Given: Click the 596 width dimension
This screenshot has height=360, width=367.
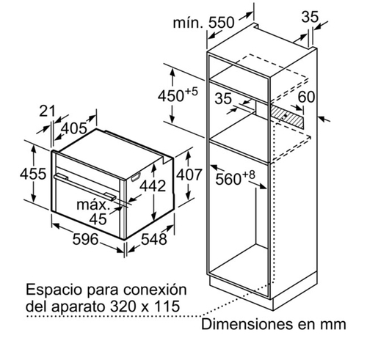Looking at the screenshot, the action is [85, 239].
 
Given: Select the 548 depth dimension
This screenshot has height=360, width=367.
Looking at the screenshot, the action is [154, 239].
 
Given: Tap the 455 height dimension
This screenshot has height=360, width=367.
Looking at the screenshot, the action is [33, 174].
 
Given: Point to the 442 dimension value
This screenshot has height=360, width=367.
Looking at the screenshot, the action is [153, 185].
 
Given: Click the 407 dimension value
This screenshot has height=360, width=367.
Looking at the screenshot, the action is [189, 175].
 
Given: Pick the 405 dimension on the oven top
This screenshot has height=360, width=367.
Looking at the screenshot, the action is [74, 128].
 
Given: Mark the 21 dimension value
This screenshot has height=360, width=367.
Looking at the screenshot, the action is [47, 111].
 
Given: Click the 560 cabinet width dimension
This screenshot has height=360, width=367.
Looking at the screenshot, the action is [235, 178].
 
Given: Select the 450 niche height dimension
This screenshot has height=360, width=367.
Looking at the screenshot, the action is [178, 95].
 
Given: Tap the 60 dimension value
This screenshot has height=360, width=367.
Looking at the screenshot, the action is [306, 97].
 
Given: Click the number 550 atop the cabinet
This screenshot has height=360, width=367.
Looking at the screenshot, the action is [222, 23].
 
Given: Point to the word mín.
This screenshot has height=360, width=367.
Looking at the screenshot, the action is [188, 23].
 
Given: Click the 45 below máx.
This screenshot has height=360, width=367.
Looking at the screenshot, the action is [98, 218].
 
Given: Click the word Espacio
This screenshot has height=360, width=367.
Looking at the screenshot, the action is [54, 290].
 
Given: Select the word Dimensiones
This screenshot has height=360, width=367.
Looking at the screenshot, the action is [247, 324].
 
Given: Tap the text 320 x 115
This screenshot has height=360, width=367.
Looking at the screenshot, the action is [145, 306].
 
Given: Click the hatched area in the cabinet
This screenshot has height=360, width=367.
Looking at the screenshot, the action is [286, 117].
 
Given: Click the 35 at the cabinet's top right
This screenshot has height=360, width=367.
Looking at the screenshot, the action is [310, 17].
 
